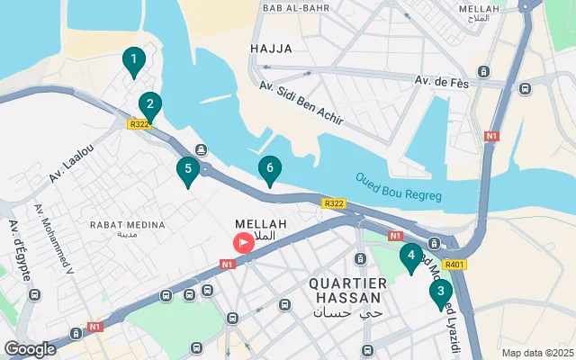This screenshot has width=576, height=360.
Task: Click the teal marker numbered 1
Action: (x=133, y=62)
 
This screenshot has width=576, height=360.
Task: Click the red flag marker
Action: (x=244, y=242)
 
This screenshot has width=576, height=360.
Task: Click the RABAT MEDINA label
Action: (x=127, y=224)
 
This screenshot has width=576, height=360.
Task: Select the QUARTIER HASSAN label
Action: (x=347, y=283)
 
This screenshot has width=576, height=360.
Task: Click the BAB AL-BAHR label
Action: (x=291, y=8)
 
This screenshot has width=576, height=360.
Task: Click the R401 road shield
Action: (x=455, y=265)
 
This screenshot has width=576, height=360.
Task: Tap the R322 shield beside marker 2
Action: (x=139, y=125)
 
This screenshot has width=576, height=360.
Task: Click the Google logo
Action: (x=30, y=348)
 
